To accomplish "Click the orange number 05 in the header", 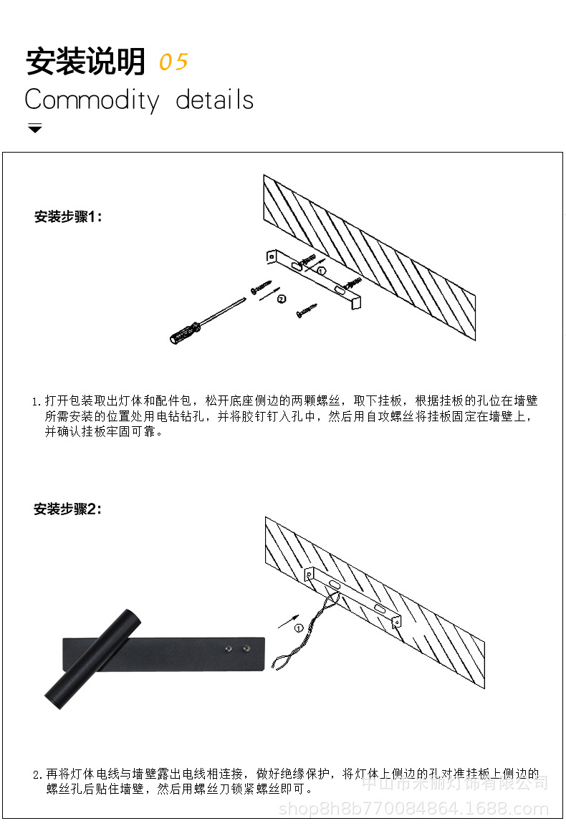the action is [173, 62].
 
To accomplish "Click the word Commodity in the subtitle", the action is [92, 100].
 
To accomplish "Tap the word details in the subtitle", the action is [215, 100].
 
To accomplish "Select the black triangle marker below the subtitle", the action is [34, 128].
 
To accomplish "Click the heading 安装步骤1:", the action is [69, 216].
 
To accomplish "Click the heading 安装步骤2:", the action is [69, 509].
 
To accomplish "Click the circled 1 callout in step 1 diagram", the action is [322, 271].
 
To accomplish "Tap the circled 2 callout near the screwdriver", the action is [281, 299].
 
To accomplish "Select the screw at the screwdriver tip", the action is [261, 287].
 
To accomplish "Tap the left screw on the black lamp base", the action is [228, 649].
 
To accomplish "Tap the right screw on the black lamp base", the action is [246, 649].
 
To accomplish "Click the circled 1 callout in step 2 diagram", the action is [298, 628].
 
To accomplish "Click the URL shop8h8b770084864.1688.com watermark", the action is [413, 810].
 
